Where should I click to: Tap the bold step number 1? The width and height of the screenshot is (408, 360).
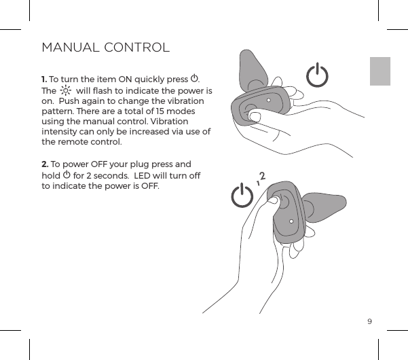click(x=44, y=78)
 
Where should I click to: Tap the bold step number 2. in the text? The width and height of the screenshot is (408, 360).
click(x=45, y=165)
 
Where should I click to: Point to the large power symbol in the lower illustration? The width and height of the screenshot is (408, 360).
click(x=242, y=196)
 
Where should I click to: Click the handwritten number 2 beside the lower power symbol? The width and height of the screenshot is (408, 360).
click(x=262, y=177)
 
